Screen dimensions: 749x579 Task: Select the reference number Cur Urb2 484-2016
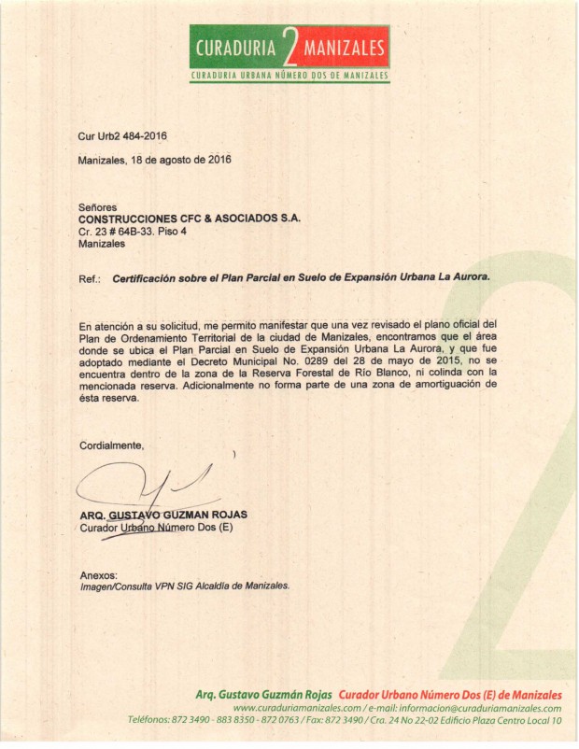pos(122,136)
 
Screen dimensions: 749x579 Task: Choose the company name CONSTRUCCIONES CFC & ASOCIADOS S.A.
pos(190,218)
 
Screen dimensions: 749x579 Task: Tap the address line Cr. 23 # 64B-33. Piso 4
pos(134,231)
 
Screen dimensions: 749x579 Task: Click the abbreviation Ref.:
pos(90,277)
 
